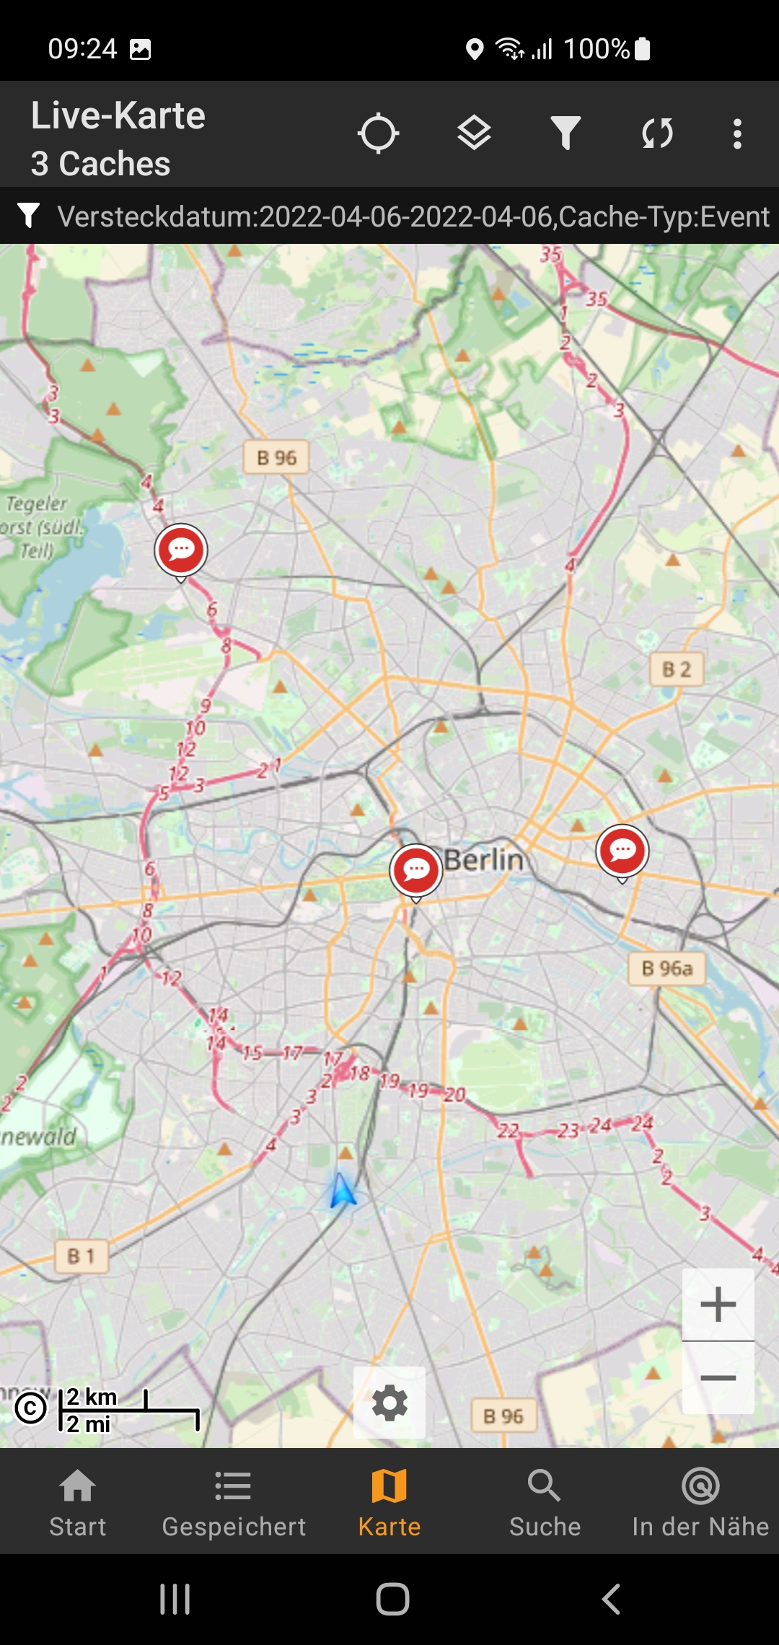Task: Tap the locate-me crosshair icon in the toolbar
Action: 378,133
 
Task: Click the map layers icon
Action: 474,133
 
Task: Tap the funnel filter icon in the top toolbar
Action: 565,133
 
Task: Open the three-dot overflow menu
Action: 736,134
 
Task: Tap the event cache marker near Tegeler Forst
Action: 181,550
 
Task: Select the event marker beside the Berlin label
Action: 415,871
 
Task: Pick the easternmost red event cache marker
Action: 622,851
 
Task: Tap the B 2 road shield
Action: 677,670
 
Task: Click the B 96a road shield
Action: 667,968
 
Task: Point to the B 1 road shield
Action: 82,1256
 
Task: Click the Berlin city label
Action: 483,860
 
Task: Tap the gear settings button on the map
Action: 389,1403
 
